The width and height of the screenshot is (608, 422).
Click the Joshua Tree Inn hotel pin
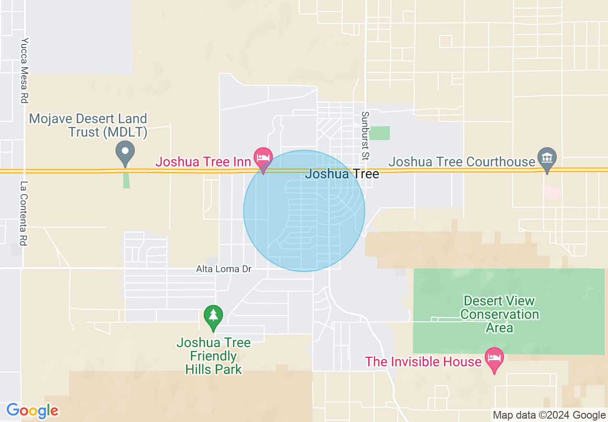(x=263, y=158)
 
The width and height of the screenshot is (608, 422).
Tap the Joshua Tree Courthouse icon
(x=547, y=158)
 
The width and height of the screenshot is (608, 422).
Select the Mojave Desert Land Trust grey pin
(x=125, y=152)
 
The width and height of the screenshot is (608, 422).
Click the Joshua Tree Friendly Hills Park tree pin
(x=213, y=316)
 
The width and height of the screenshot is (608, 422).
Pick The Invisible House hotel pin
(x=494, y=358)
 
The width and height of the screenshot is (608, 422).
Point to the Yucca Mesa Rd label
(x=24, y=70)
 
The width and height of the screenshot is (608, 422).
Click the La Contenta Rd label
(x=24, y=213)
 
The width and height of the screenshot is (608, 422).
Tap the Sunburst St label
(x=366, y=136)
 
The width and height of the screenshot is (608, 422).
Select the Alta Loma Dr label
(x=224, y=269)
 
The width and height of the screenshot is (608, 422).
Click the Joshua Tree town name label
(x=342, y=174)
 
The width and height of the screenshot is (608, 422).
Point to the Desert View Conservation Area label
(x=499, y=315)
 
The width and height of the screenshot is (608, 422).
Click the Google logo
(x=32, y=410)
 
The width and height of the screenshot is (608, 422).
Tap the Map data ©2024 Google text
(x=549, y=415)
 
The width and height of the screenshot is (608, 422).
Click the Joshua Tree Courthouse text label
(x=461, y=162)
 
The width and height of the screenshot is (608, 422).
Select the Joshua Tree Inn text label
(x=203, y=162)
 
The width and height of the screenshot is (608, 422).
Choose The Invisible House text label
(x=423, y=361)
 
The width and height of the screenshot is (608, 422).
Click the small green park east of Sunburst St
(x=380, y=133)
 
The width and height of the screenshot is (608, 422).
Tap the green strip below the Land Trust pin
(x=126, y=180)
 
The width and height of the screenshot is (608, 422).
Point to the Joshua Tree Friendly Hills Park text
(x=213, y=356)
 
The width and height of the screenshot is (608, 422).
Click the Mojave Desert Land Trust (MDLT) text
(x=88, y=125)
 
